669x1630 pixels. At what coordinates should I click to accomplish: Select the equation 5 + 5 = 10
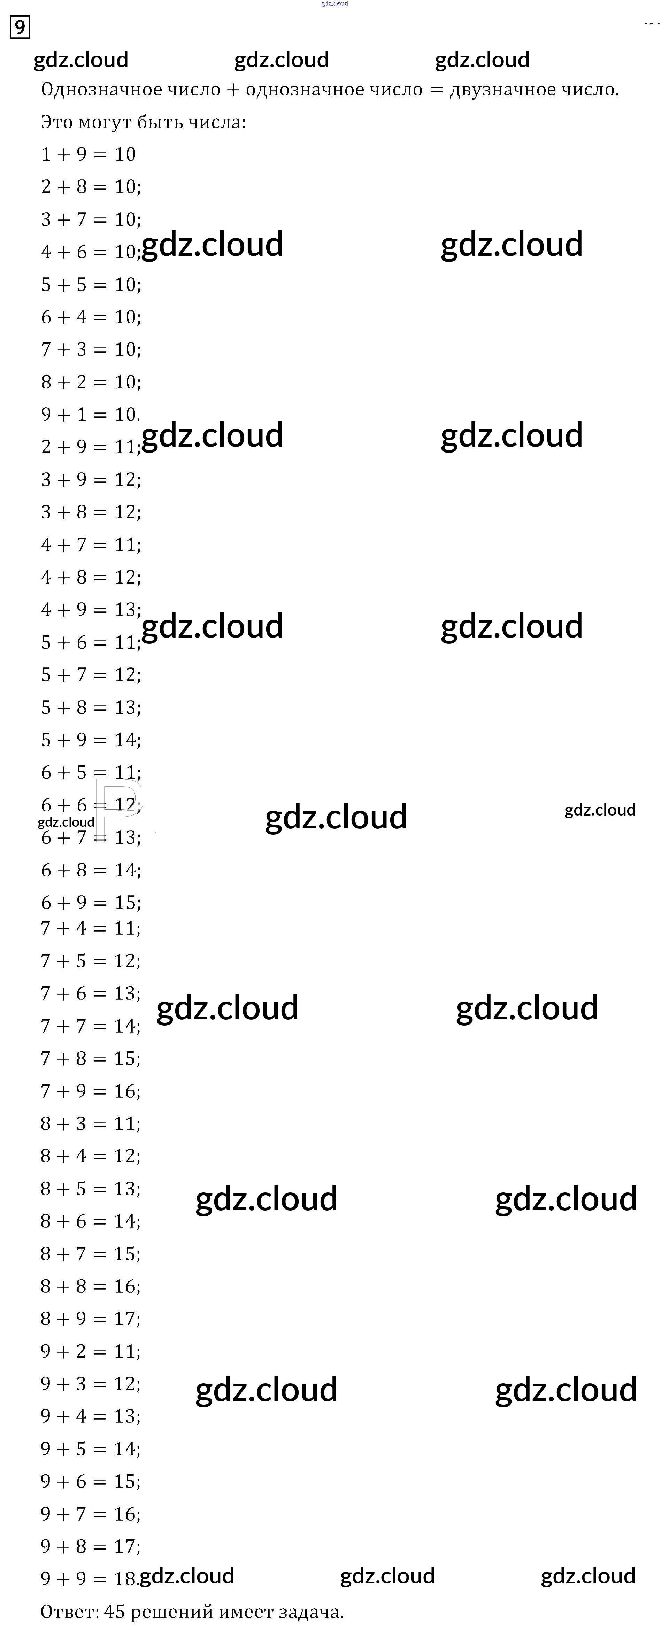(91, 285)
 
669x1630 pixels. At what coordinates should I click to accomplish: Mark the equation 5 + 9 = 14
(91, 740)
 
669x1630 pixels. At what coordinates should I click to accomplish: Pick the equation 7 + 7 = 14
(91, 1026)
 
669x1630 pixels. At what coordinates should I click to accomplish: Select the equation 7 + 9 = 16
(91, 1091)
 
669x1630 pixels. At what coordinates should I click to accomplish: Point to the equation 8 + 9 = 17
(91, 1319)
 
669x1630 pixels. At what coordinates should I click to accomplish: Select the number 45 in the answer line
(115, 1612)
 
